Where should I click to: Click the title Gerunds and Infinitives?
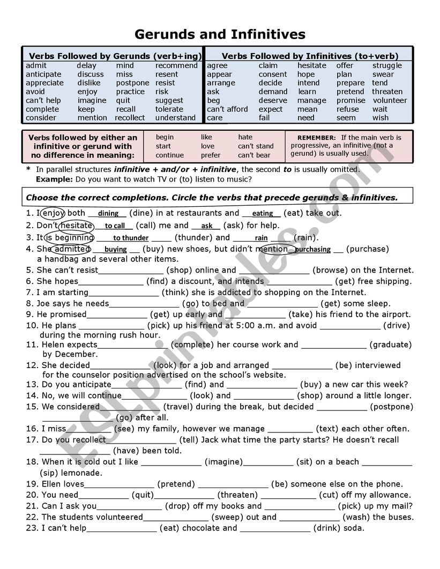tap(220, 35)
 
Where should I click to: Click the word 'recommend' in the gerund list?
tap(176, 65)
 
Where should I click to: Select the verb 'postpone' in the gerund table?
tap(132, 83)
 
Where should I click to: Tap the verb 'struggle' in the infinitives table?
tap(387, 65)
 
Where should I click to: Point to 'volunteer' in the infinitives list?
tap(390, 100)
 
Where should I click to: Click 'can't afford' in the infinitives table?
tap(227, 109)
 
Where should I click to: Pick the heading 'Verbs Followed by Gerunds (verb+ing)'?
tap(115, 56)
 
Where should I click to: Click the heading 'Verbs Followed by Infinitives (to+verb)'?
tap(310, 56)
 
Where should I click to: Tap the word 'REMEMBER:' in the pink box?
tap(317, 138)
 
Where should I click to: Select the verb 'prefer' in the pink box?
tap(211, 155)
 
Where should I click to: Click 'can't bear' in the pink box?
tap(254, 155)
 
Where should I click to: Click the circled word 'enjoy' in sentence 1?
tap(53, 213)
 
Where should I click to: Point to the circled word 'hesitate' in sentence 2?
tap(76, 226)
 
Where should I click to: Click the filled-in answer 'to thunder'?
tap(131, 238)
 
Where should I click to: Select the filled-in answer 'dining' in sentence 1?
tap(108, 214)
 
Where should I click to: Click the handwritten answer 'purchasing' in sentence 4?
tap(312, 249)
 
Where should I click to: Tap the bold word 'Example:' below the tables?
tap(54, 179)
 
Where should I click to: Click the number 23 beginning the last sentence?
tap(31, 528)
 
